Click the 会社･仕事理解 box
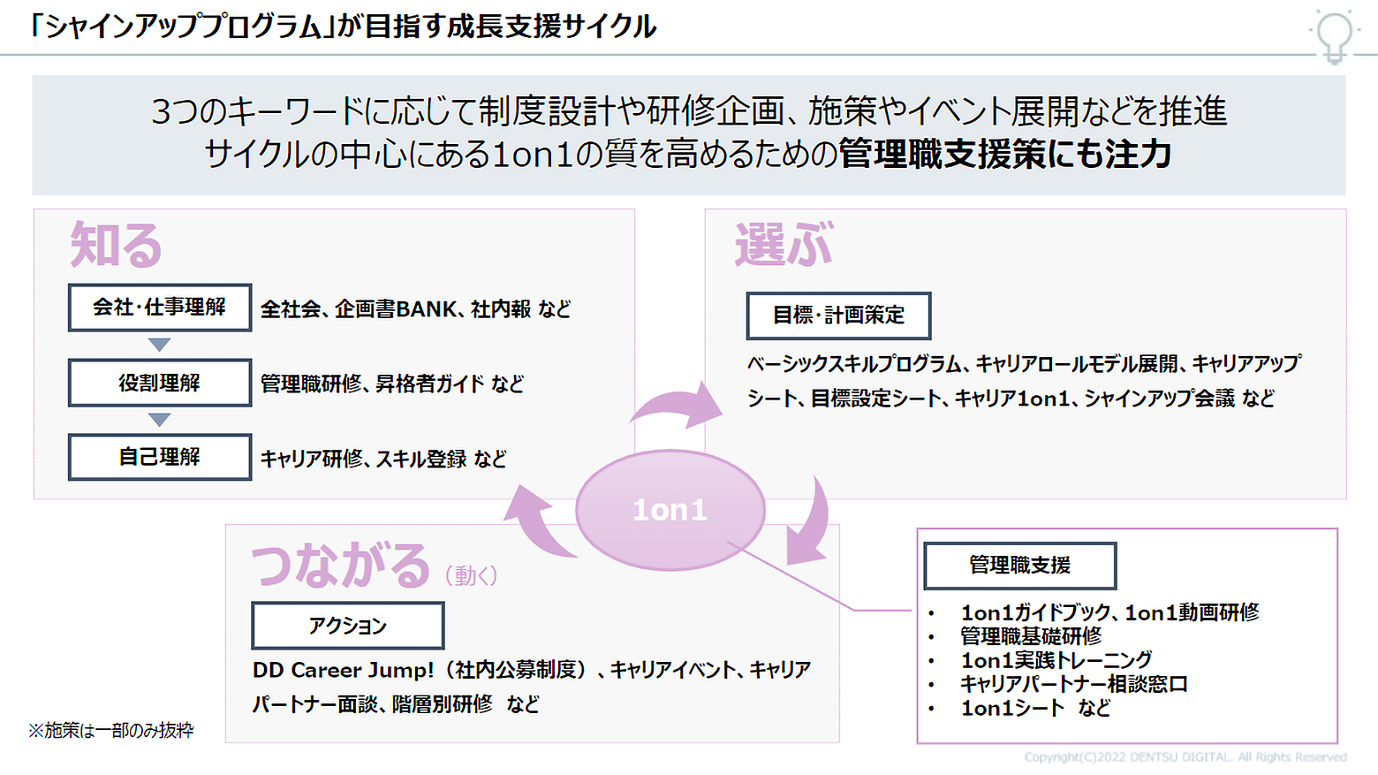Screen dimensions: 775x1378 159,308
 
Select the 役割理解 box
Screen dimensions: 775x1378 159,383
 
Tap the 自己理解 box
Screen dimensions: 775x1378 159,457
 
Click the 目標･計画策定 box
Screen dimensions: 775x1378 838,315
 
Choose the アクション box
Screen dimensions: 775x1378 347,626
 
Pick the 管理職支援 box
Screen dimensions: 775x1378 1019,566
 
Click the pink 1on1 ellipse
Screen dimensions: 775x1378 670,510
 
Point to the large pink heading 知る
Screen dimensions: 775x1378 116,245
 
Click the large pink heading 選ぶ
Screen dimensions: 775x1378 784,245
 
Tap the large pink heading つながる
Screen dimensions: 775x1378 341,566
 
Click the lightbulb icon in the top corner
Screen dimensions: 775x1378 1334,35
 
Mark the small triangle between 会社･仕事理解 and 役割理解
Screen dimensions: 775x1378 159,345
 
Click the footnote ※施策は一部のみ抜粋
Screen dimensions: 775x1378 110,731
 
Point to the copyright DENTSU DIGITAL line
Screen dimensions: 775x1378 1185,757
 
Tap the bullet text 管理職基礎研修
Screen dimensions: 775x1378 1031,636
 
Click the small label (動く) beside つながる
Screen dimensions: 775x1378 471,576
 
